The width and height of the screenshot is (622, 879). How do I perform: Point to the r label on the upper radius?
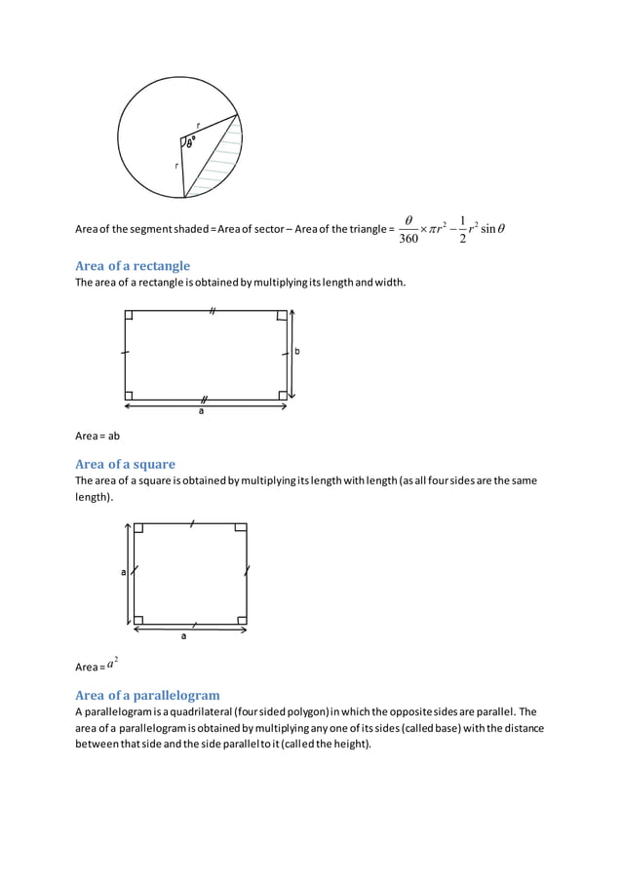coord(199,125)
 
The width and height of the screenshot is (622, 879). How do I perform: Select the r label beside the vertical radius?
coord(176,166)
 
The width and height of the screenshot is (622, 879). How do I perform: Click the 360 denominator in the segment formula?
coord(408,239)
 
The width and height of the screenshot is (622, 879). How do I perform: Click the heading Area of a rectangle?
coord(133,266)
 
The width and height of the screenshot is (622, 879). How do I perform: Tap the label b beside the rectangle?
coord(297,352)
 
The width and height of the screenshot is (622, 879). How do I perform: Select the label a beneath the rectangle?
coord(202,410)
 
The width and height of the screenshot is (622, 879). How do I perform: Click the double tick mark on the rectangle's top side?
coord(211,311)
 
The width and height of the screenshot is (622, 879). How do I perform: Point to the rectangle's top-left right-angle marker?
coord(130,316)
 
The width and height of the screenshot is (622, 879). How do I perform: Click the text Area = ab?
coord(97,436)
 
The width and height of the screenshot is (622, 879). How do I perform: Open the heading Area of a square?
coord(125,464)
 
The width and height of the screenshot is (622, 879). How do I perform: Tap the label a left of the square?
coord(123,573)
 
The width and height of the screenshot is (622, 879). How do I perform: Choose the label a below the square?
coord(183,637)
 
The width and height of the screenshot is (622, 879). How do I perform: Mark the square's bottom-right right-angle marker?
coord(240,619)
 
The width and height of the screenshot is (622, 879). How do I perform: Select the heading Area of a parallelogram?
coord(147,695)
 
